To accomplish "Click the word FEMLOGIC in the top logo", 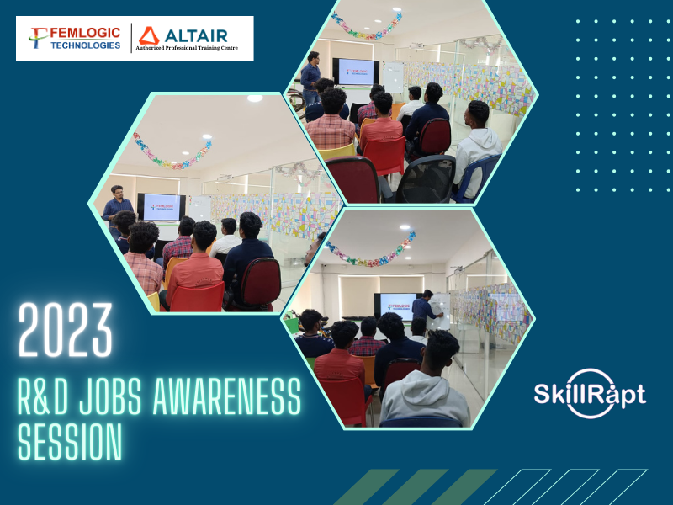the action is point(86,33).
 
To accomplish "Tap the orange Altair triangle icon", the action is point(149,36).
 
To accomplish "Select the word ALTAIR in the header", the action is point(196,35).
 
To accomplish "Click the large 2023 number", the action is point(66,330).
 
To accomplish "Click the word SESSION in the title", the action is point(70,441).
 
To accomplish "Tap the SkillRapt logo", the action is point(591,393).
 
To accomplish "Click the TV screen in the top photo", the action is point(356,72).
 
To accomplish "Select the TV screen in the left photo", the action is point(162,207).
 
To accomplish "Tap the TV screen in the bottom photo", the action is point(397,306).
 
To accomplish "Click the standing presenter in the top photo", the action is point(310,77).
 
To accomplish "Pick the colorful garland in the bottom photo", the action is point(370,250).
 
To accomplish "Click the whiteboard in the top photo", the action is point(393,77).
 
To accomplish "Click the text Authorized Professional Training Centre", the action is point(187,48).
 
